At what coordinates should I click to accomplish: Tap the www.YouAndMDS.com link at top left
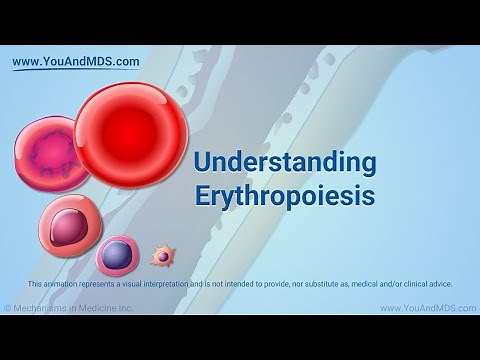pos(75,61)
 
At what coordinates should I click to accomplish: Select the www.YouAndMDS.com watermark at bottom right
pos(427,308)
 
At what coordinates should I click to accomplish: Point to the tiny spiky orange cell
pos(162,257)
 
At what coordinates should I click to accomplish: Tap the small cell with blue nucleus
pos(117,255)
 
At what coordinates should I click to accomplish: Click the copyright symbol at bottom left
pos(8,308)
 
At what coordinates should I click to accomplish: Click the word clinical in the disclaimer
pos(413,284)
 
